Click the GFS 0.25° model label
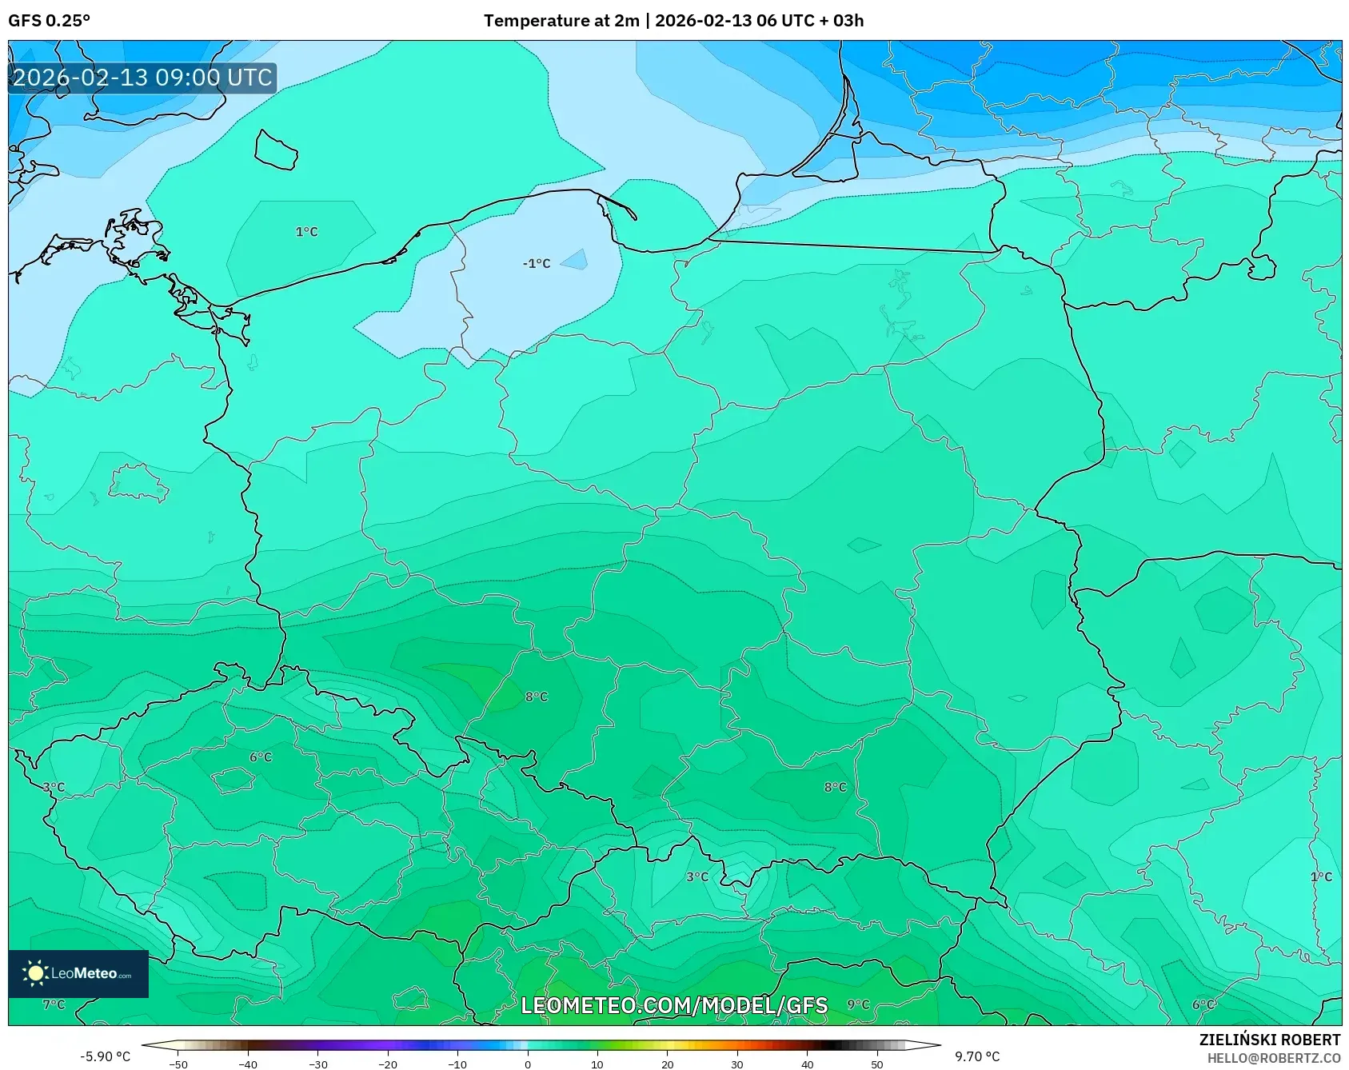coord(49,21)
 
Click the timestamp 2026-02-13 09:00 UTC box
coord(142,78)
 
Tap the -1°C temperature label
coord(537,263)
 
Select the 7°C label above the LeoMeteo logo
coord(54,1004)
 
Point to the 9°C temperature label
coord(858,1004)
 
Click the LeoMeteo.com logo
coord(78,973)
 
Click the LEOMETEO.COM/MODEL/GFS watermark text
coord(673,1005)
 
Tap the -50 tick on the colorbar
coord(178,1064)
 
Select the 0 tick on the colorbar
coord(528,1064)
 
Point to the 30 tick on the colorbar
coord(736,1064)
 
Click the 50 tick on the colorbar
coord(877,1064)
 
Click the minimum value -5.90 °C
coord(105,1056)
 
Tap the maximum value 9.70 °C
coord(977,1056)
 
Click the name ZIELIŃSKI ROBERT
coord(1269,1040)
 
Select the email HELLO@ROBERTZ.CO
coord(1273,1058)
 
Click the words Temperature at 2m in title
coord(561,21)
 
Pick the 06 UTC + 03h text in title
coord(810,21)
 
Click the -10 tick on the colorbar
coord(457,1064)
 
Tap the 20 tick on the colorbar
coord(667,1064)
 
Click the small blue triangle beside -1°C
coord(577,260)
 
